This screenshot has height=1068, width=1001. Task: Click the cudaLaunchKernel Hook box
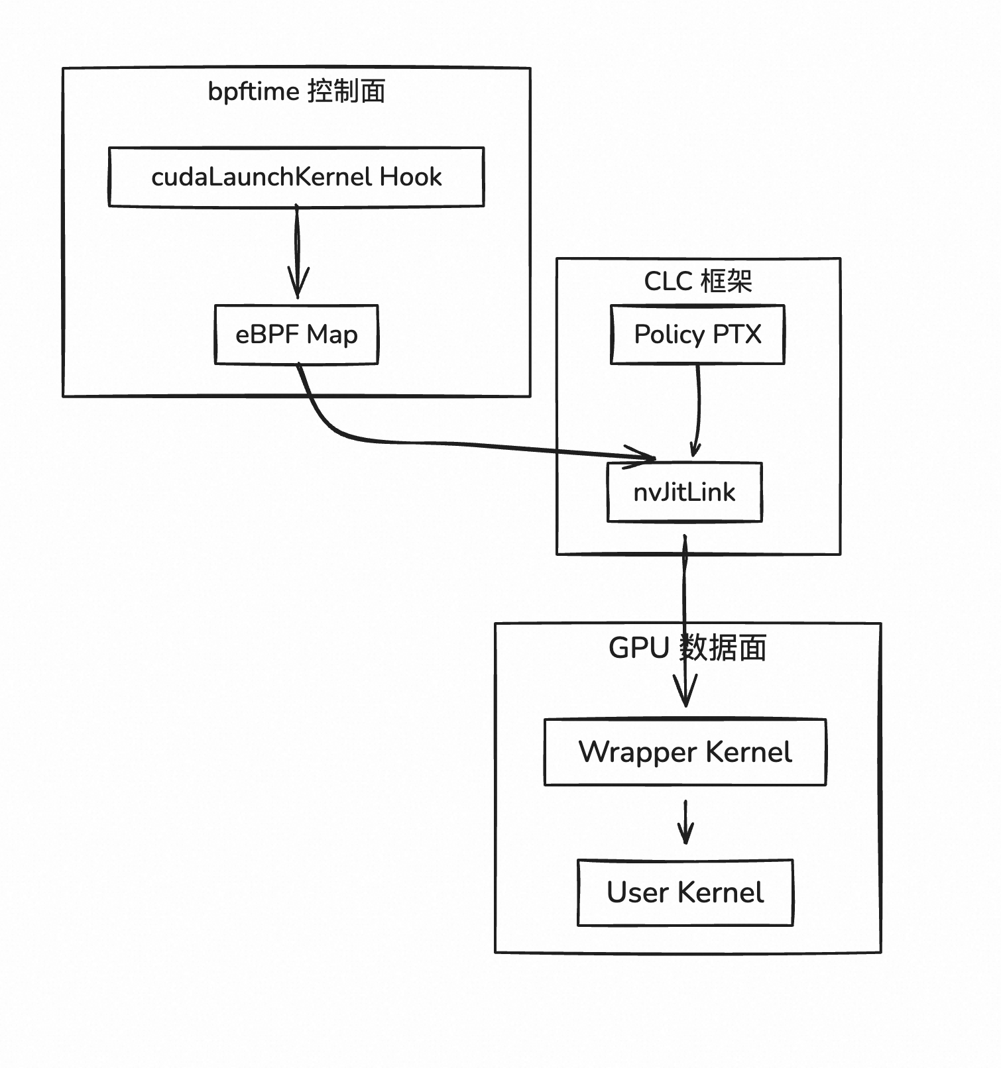coord(296,177)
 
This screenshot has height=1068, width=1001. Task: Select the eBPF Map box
coord(296,335)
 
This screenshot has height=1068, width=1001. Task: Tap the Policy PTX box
coord(697,335)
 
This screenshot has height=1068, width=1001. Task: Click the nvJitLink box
coord(685,492)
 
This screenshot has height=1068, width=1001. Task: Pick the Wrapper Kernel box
coord(685,752)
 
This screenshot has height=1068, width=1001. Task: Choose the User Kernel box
coord(685,892)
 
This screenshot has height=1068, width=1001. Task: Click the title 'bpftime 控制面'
coord(296,91)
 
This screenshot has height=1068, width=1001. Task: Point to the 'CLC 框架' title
coord(697,282)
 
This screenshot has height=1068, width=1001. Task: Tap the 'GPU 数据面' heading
coord(687,648)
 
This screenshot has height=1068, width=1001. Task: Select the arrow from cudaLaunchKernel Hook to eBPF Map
coord(297,252)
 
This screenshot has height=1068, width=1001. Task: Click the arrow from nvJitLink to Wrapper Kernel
coord(685,596)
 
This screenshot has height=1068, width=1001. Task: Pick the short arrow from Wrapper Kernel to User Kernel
coord(686,822)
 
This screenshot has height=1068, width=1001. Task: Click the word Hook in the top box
coord(410,177)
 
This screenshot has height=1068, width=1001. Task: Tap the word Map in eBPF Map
coord(332,335)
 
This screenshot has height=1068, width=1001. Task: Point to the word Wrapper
coord(638,752)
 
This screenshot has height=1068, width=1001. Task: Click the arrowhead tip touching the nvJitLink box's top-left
coord(654,458)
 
